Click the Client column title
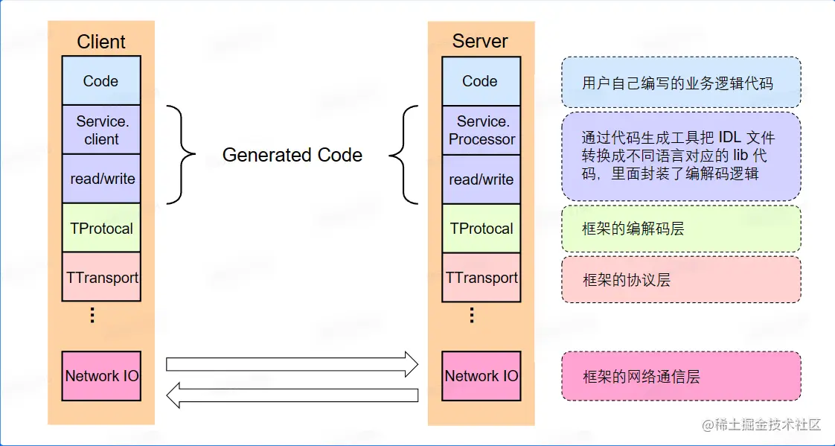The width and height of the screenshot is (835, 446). coord(101,42)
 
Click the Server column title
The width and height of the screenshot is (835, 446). coord(480,41)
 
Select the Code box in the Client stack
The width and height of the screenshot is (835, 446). coord(100,81)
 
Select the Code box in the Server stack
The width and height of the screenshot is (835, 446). coord(480,81)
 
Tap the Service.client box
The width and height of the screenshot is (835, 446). coord(101,130)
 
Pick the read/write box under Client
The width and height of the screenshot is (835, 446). coord(101,179)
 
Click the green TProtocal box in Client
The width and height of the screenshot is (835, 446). coord(101,228)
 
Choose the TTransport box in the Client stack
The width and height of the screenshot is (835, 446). coord(101,277)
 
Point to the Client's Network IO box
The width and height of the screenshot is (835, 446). coord(101,376)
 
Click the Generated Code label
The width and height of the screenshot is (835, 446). coord(292,155)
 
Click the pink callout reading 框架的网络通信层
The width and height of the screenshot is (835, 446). coord(681,377)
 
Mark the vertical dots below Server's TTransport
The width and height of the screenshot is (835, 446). coord(472,315)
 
